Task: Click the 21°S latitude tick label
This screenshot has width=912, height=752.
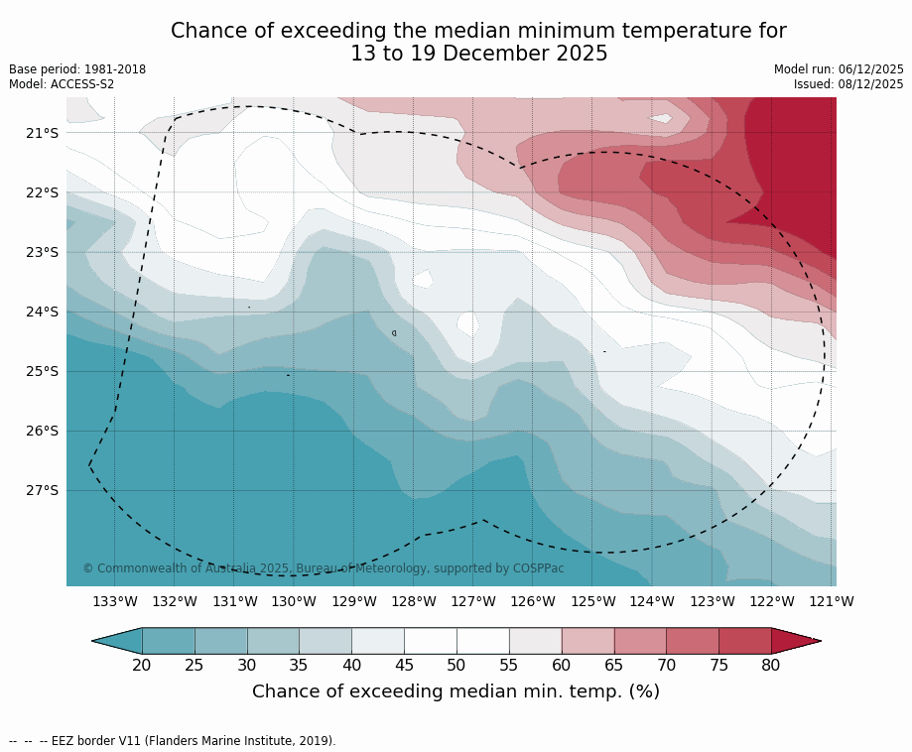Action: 43,133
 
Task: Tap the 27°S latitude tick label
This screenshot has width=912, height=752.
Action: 43,490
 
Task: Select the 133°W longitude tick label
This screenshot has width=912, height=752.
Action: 115,601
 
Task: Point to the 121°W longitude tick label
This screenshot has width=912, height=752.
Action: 832,601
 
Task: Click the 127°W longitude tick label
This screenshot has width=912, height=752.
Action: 473,601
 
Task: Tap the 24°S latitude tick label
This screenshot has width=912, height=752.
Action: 43,312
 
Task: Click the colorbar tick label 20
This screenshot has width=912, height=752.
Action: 142,665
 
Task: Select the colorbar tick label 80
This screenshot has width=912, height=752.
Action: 771,665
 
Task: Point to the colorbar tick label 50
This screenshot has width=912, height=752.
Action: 456,665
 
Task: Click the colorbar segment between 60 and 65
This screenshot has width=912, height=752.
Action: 587,641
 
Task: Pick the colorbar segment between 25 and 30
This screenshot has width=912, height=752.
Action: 220,641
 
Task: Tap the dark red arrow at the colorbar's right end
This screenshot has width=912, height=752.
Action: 794,641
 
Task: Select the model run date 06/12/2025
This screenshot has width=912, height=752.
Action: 869,69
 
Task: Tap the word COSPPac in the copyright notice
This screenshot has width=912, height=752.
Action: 538,568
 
